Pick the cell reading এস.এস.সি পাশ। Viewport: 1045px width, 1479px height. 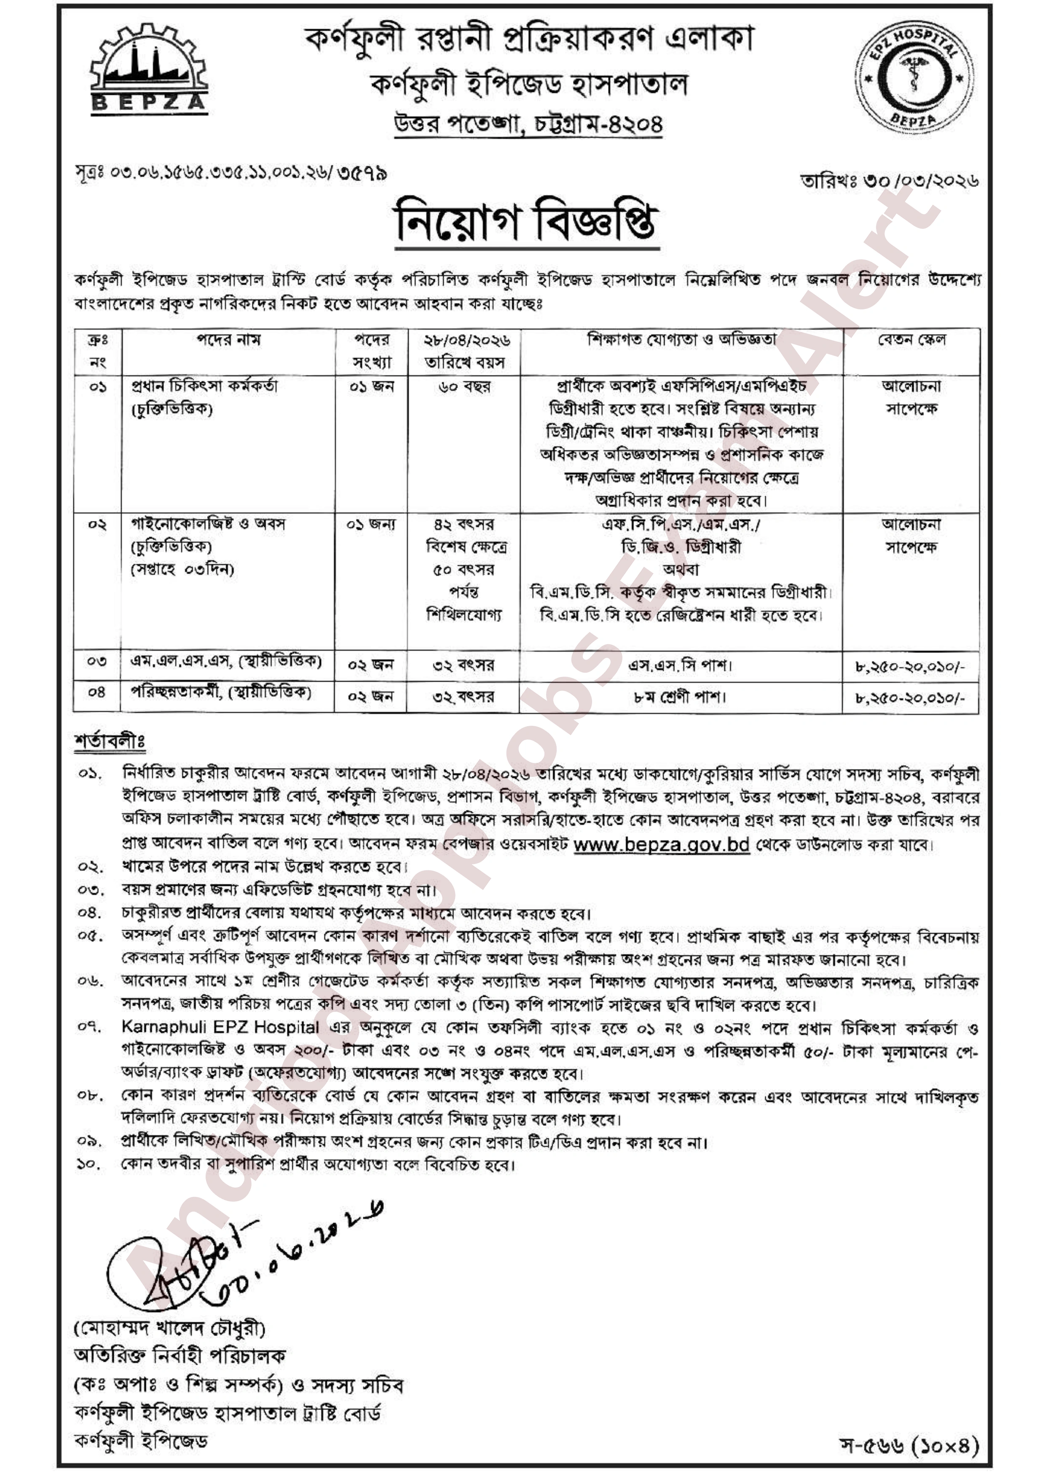[681, 665]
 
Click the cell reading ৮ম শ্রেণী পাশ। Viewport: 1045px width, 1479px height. [681, 696]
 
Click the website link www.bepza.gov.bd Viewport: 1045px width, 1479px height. [661, 844]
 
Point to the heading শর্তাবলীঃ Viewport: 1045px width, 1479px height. [110, 741]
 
